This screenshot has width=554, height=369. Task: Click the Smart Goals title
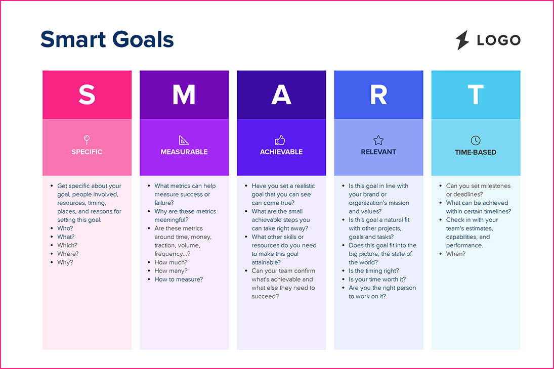107,39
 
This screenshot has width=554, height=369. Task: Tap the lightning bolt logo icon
462,40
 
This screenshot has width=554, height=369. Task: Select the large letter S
87,95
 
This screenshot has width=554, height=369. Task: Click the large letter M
184,95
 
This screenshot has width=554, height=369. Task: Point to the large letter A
281,95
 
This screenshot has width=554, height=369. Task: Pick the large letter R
378,95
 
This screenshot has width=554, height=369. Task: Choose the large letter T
476,95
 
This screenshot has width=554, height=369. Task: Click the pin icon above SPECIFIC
87,139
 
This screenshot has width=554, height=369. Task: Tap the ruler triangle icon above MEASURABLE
184,140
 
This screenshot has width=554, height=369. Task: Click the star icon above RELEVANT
378,140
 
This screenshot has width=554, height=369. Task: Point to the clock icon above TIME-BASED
476,141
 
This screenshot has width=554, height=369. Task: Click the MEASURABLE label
184,152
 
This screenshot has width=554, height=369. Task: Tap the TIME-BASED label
476,152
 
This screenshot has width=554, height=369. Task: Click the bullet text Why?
65,262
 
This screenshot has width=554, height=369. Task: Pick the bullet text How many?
171,271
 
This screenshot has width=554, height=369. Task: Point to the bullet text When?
455,254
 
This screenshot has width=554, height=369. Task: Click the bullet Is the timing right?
373,271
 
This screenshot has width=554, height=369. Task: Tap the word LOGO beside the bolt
498,40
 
